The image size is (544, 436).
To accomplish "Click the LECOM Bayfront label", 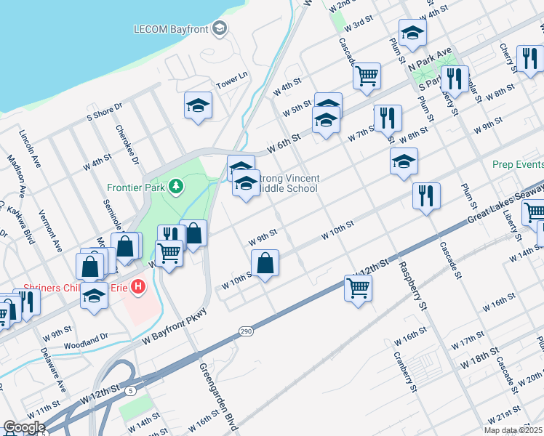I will tap(171, 30).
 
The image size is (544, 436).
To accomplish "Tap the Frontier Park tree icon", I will tap(175, 187).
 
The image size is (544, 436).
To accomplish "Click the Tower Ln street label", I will tap(232, 76).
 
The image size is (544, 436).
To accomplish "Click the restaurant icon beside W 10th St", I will tap(426, 195).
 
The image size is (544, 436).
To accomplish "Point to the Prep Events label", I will tap(517, 164).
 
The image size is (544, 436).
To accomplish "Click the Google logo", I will tap(24, 427).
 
